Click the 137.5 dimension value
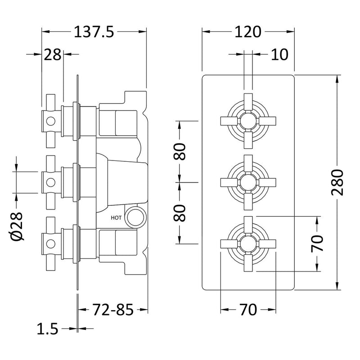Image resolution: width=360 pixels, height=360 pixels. point(94,32)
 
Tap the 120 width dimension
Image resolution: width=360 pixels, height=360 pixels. point(247,32)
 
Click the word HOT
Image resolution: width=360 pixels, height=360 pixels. point(116,217)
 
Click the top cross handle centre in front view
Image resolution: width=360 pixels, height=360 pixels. point(247,120)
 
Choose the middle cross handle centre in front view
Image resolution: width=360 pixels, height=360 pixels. point(247,182)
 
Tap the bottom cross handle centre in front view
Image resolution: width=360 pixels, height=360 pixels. point(247,243)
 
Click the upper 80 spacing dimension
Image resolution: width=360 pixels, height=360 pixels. point(180,151)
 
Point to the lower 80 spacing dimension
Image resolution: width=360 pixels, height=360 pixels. point(180,213)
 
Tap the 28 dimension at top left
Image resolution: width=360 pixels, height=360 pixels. point(53,55)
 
